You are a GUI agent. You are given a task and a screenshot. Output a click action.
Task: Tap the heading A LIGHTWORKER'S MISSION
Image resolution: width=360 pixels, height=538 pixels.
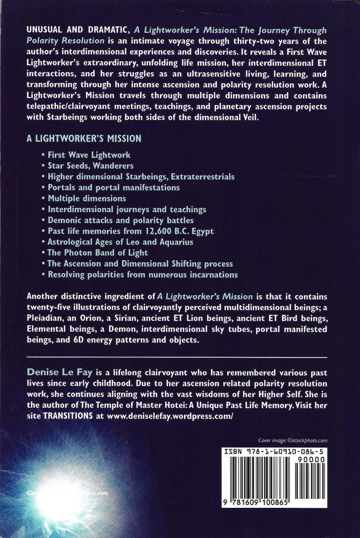pyautogui.click(x=84, y=138)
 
